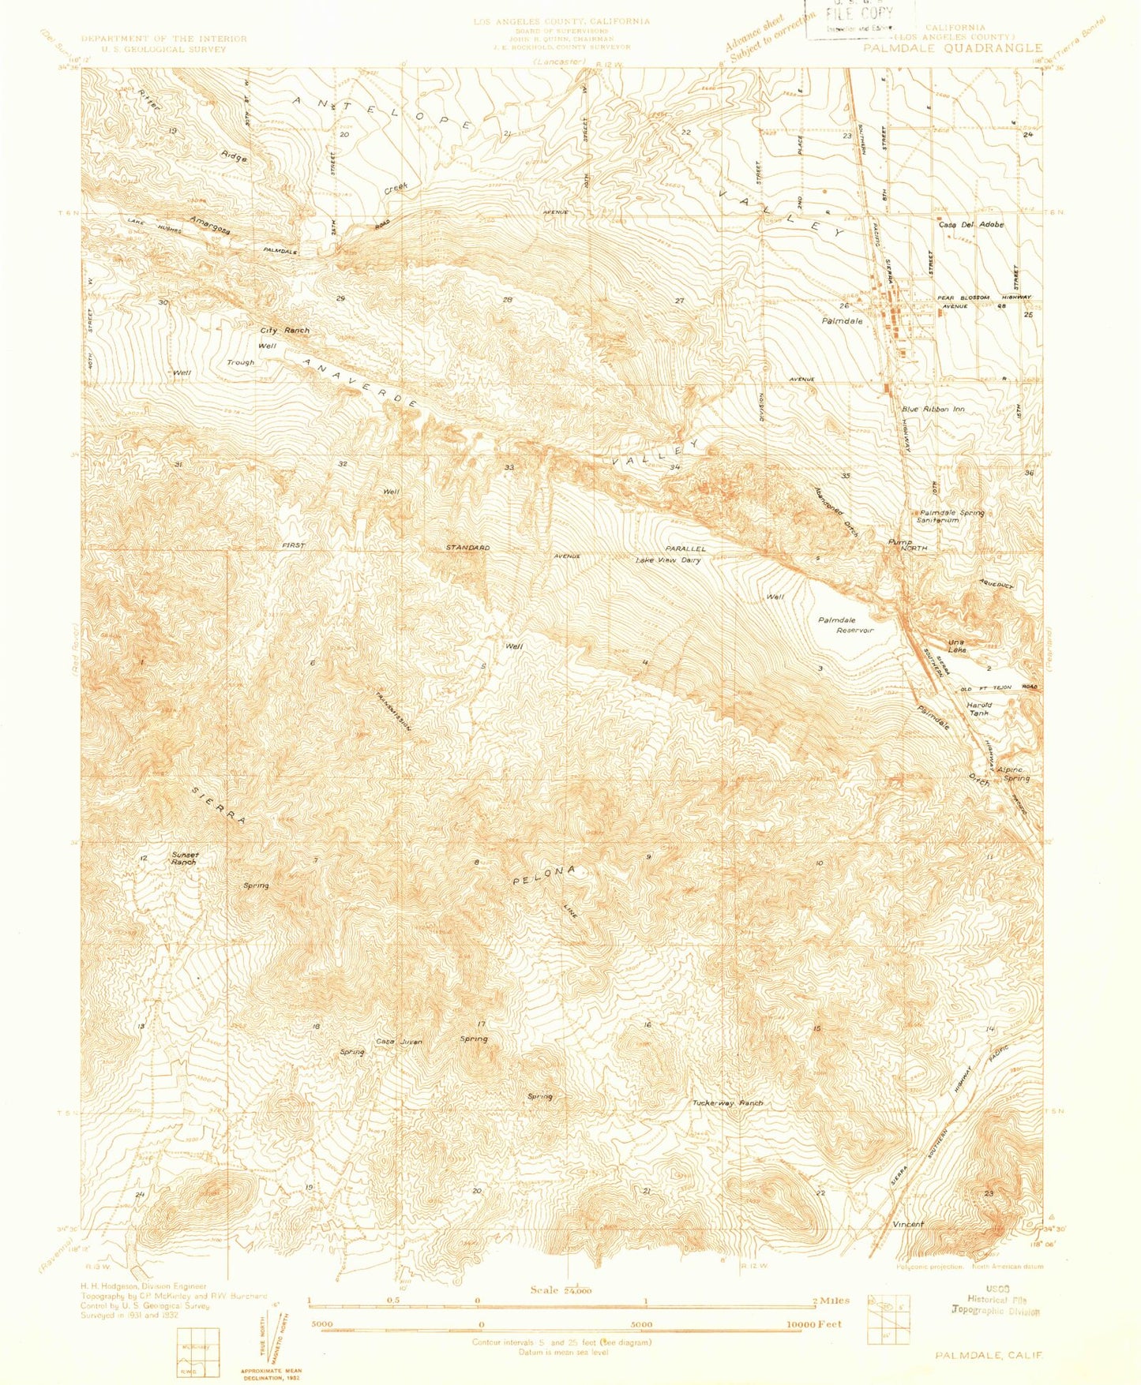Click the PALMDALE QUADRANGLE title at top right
click(x=952, y=48)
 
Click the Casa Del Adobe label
click(x=970, y=225)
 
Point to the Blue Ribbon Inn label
click(x=933, y=409)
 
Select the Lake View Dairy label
click(x=668, y=560)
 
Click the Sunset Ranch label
click(x=184, y=858)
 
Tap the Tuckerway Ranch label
click(x=727, y=1102)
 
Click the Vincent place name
click(x=907, y=1224)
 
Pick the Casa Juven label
click(x=399, y=1042)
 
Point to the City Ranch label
click(x=285, y=330)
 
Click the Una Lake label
click(x=957, y=645)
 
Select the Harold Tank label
click(x=979, y=708)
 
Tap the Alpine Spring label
click(x=1013, y=773)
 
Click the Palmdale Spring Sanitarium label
click(x=951, y=516)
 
